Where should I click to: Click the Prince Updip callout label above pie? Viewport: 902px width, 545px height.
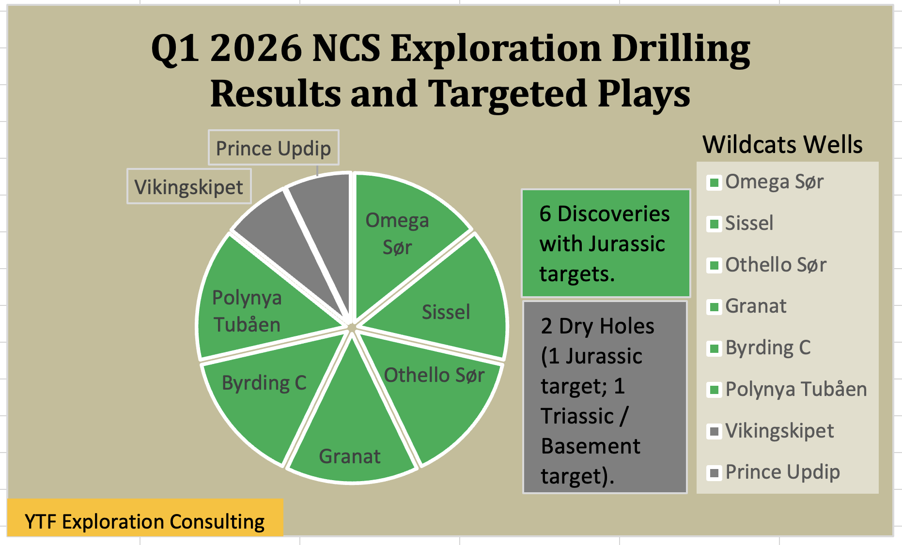[274, 148]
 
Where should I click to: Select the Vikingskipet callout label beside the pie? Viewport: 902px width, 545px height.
[189, 186]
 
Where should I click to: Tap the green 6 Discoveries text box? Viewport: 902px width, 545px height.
[606, 243]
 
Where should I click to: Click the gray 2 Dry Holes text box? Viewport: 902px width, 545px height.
[605, 397]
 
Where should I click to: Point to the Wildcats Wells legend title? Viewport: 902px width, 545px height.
[782, 144]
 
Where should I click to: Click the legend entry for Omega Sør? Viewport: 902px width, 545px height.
[765, 182]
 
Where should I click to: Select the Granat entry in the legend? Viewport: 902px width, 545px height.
[747, 306]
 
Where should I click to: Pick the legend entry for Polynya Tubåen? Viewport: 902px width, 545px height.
[787, 389]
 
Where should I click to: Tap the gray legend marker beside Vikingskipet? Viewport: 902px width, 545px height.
[714, 431]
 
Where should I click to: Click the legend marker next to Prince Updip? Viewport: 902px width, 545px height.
[714, 472]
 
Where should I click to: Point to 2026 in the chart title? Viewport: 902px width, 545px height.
[256, 48]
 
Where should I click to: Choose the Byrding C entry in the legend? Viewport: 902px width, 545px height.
[759, 348]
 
